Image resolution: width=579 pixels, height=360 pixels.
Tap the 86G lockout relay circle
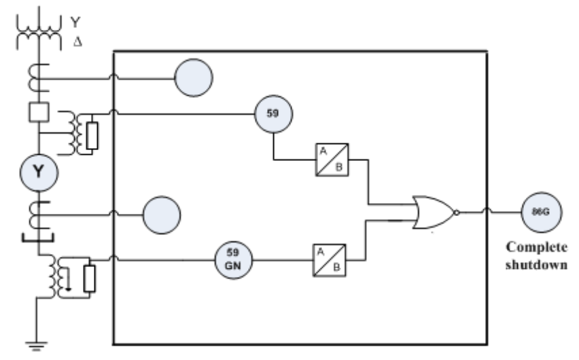tap(541, 212)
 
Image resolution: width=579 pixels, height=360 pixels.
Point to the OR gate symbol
tap(432, 213)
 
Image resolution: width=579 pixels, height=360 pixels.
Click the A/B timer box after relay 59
tap(332, 160)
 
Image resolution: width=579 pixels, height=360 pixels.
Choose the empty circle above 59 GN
tap(162, 217)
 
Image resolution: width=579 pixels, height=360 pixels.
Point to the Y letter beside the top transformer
tap(75, 22)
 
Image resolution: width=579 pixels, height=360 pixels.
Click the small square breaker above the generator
tap(38, 111)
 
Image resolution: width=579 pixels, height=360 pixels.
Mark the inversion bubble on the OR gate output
tap(457, 213)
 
